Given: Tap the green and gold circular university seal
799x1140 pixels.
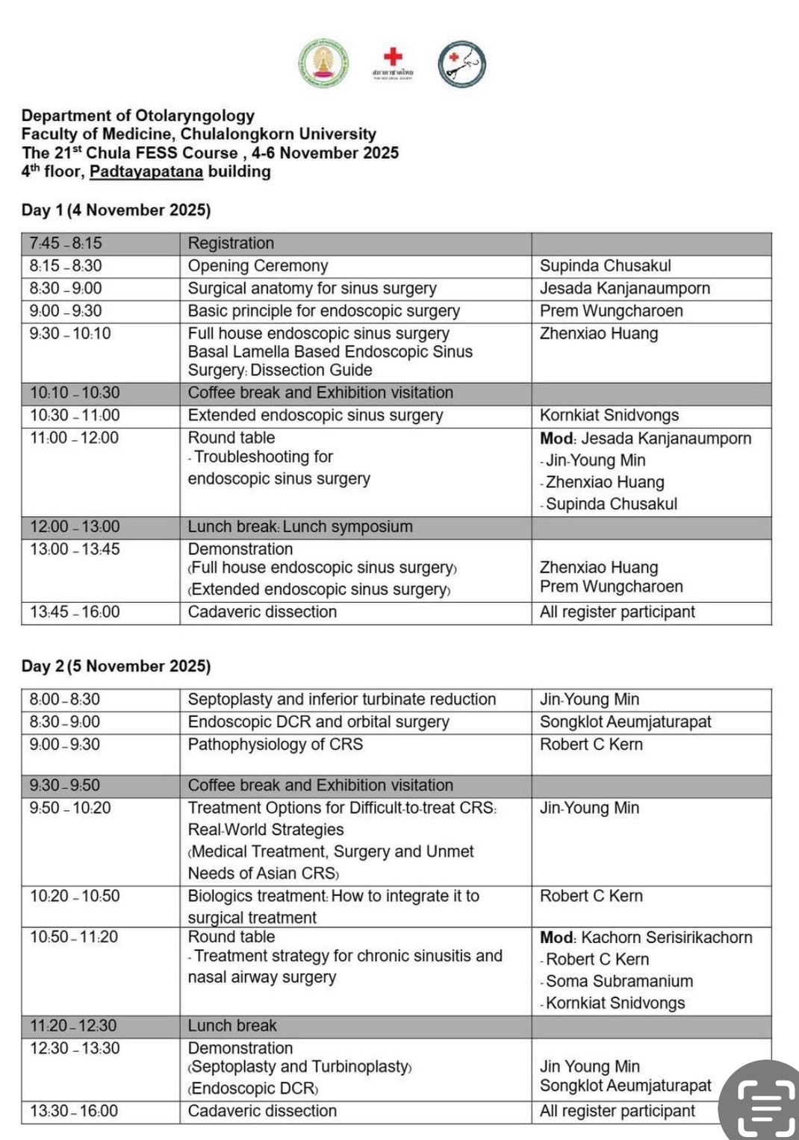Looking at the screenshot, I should tap(323, 63).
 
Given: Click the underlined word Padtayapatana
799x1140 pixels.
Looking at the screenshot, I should tap(146, 172).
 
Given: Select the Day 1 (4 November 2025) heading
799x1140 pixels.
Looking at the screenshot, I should tap(116, 210).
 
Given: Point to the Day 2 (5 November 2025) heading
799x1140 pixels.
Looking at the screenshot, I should tap(116, 665).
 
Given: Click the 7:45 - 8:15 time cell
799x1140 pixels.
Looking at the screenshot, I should tap(66, 243).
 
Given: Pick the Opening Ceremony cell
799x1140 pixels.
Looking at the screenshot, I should tap(258, 266).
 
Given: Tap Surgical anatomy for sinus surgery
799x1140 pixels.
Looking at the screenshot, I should tap(312, 288).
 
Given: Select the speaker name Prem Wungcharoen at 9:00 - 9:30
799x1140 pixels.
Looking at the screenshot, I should tap(611, 310).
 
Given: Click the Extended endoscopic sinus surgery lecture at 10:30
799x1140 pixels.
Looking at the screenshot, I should tap(315, 415).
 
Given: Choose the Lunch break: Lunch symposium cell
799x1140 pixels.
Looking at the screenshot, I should tap(300, 527).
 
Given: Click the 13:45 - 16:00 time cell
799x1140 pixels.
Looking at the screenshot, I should tap(75, 612).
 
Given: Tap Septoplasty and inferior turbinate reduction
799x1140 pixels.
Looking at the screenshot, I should tap(342, 699).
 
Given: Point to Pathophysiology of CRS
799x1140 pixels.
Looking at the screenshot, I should tap(276, 744).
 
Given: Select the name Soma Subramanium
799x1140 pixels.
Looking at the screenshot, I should tap(619, 981).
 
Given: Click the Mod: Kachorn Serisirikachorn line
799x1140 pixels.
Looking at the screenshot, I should tap(646, 937).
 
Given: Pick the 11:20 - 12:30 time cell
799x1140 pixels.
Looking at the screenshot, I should tap(73, 1026).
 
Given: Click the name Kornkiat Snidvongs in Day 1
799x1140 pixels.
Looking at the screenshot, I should tap(609, 415).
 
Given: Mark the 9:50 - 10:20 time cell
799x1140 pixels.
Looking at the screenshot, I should tap(70, 808).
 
